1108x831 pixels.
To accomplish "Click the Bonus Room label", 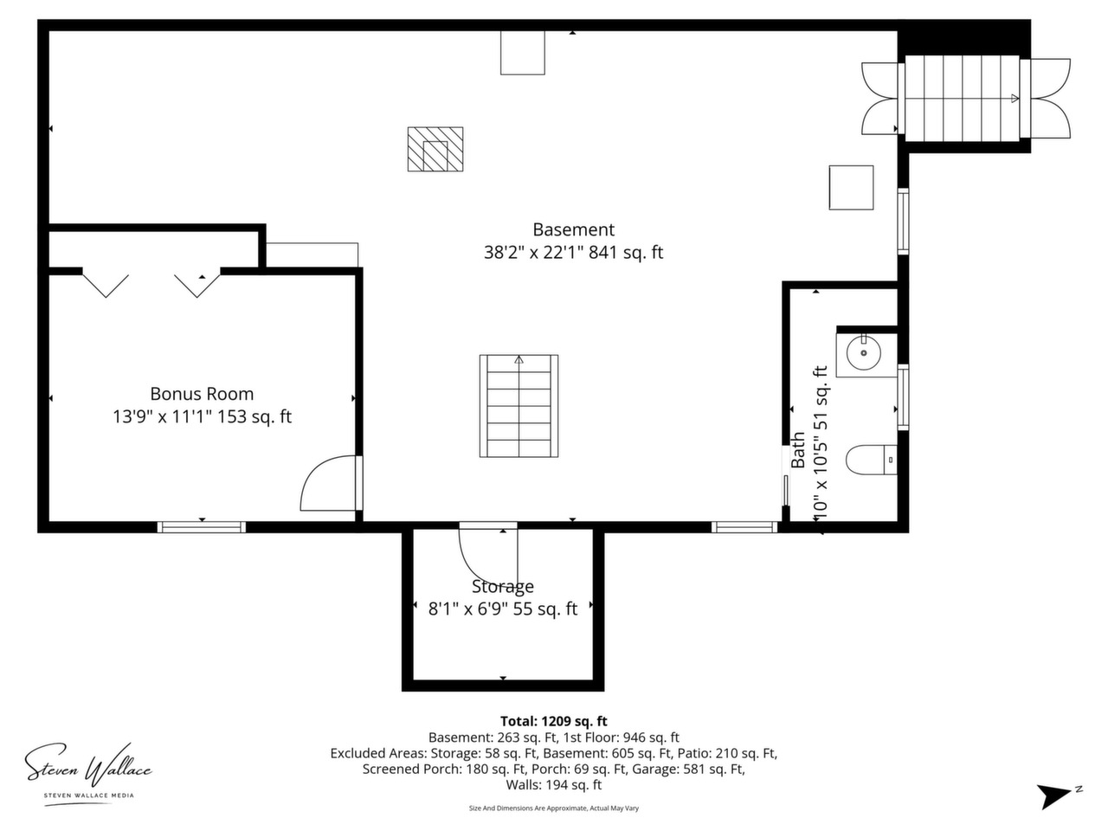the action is (x=202, y=394).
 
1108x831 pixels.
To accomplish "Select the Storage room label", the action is (x=502, y=586).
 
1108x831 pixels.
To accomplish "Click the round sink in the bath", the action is (x=863, y=352).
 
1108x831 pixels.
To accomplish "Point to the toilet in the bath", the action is (x=871, y=460).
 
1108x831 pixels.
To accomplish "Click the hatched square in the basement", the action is (x=435, y=149).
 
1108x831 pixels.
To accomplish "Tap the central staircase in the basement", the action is (x=519, y=406).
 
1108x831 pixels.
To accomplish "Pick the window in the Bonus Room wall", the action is (x=202, y=527).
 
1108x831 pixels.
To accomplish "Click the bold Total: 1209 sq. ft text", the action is (x=553, y=721).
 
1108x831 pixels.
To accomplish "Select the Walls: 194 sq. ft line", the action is (x=553, y=784).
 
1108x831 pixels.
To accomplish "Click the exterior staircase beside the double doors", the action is (x=962, y=98).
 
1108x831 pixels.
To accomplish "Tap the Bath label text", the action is (x=797, y=450).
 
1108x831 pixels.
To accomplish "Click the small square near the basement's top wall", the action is (x=523, y=53).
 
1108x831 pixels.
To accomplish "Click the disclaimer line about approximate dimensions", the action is (x=554, y=808).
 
